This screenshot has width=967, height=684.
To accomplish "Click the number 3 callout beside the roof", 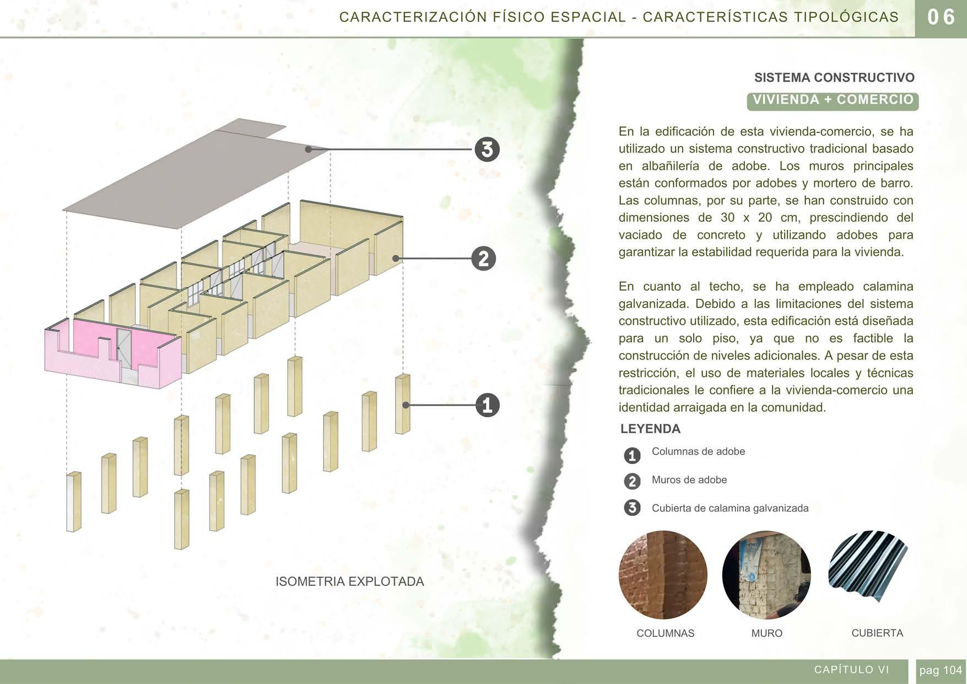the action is (487, 149).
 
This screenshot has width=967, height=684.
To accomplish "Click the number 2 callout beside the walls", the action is (483, 258).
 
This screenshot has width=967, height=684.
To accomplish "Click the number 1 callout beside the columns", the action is (487, 406).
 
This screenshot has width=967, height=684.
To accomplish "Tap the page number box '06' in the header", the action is (941, 18).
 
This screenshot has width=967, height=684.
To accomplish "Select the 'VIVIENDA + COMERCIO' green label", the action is (833, 100).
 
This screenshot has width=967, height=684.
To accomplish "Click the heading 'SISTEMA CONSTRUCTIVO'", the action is (834, 78).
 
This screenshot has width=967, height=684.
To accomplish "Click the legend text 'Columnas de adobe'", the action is (698, 451).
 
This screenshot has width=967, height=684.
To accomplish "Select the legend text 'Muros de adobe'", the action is (689, 480).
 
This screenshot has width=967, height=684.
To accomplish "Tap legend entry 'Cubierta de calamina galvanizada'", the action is (730, 508).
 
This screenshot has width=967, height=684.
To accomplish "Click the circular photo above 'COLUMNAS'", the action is (663, 575).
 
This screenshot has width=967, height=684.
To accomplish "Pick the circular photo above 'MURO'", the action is (766, 575).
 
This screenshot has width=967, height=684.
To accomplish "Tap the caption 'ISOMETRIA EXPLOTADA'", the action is (349, 581).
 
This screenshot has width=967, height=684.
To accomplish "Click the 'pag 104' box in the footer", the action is (940, 670).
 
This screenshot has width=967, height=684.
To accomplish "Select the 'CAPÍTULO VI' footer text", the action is (851, 670).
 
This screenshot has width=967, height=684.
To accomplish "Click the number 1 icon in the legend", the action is (632, 456).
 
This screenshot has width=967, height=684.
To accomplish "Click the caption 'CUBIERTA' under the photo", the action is (877, 633).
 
